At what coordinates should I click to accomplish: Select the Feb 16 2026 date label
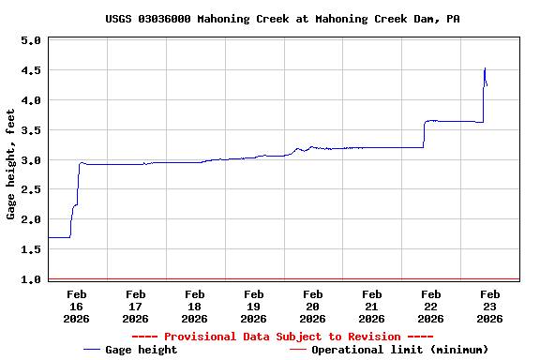coord(77,307)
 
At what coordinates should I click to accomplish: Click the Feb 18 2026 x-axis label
coord(194,307)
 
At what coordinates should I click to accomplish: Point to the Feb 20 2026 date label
coord(312,307)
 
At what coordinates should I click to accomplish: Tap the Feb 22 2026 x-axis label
coord(430,307)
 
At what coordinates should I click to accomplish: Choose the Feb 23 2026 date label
coord(489,307)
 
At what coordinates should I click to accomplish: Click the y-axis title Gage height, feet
coord(11,164)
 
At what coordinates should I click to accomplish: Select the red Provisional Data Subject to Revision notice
coord(282,337)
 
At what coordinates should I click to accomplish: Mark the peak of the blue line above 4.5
coord(485,67)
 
